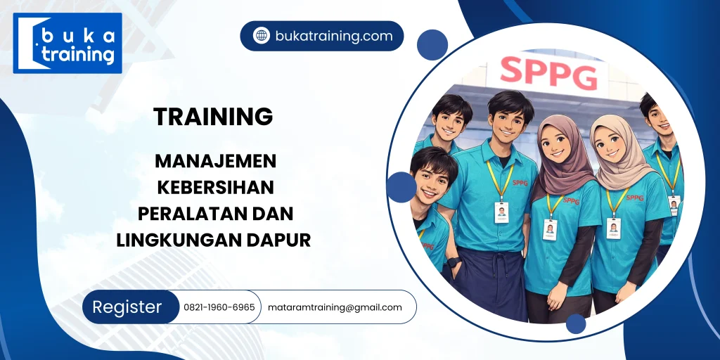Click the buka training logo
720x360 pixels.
(x=67, y=44)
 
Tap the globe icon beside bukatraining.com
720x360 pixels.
(x=262, y=36)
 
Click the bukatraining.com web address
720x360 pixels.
(x=334, y=36)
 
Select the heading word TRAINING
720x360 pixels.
(x=213, y=117)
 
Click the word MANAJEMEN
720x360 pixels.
(x=215, y=161)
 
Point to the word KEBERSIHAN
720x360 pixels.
(x=215, y=187)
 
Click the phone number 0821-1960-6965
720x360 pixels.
(x=219, y=307)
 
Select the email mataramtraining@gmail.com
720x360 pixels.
(x=335, y=307)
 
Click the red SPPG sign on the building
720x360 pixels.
(x=548, y=72)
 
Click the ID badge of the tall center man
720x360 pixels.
(x=501, y=212)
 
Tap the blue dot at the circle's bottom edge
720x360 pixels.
(x=576, y=323)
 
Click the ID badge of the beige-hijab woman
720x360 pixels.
(x=613, y=227)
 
